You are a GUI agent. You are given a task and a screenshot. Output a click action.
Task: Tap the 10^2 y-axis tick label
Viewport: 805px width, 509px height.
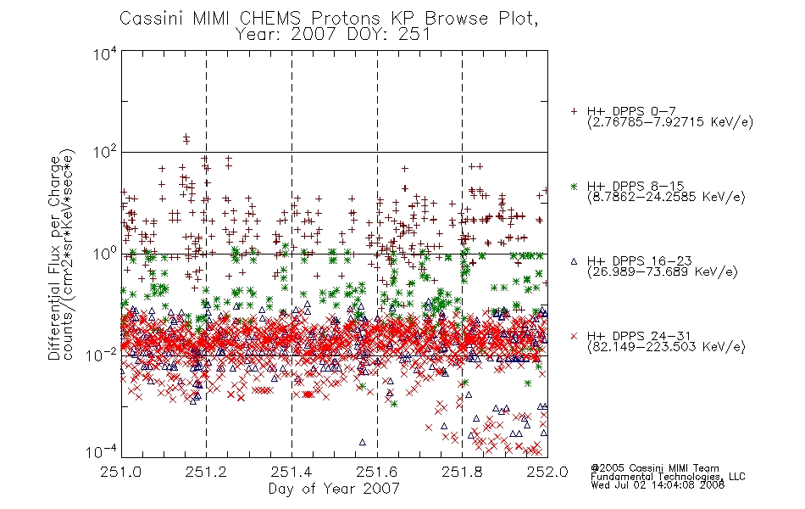(105, 152)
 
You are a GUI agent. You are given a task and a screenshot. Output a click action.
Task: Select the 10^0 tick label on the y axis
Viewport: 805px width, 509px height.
(105, 254)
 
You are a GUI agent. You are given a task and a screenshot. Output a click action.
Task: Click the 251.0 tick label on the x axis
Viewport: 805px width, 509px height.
(120, 472)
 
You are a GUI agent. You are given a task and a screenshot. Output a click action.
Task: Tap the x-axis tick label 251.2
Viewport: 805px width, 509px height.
(207, 472)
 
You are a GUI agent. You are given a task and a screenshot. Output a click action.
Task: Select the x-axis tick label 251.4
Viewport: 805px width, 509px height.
(291, 472)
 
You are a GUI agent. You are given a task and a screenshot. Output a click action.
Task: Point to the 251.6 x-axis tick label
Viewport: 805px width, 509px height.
(377, 472)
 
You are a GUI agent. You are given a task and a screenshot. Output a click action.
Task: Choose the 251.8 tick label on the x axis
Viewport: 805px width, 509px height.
(462, 472)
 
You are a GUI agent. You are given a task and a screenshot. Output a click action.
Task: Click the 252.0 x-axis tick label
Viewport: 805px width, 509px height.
(547, 472)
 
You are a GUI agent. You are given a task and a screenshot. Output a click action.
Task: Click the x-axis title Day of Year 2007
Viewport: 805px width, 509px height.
(334, 489)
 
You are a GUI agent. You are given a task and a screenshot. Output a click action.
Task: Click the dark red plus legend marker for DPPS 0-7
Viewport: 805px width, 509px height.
(574, 111)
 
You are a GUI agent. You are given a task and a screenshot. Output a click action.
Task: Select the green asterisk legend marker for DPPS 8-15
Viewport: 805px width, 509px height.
(574, 186)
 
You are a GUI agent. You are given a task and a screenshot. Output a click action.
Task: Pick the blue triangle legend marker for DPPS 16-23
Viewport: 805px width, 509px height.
(574, 261)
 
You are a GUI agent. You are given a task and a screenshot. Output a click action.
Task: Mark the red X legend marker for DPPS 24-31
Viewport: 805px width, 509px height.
(574, 336)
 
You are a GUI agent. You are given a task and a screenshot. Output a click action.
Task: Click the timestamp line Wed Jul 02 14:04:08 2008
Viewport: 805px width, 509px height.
(658, 485)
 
